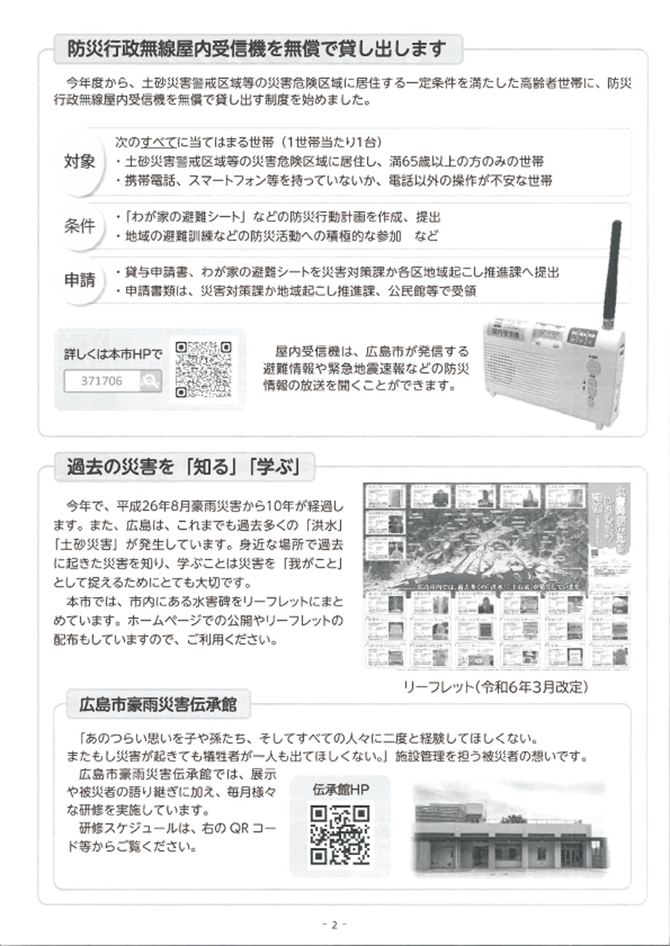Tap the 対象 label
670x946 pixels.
(x=81, y=162)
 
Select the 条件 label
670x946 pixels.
(x=81, y=226)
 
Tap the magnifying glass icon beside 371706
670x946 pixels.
(x=149, y=380)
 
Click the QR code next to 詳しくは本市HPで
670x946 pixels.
(x=204, y=371)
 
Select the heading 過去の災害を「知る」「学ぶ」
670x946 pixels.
(x=183, y=466)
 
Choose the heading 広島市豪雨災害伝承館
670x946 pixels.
(x=157, y=704)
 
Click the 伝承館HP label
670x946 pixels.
(x=339, y=789)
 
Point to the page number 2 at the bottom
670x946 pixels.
(x=334, y=925)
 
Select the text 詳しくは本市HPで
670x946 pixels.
(x=113, y=354)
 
